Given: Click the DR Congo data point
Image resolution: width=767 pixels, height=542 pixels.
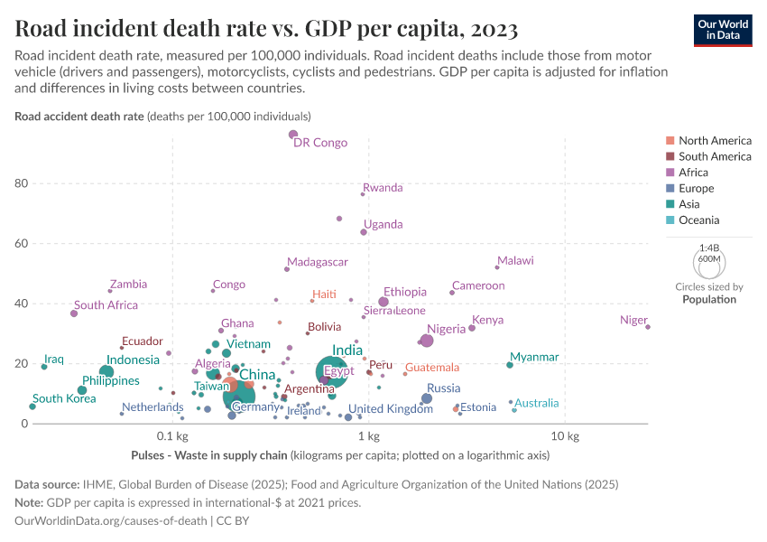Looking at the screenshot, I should [292, 135].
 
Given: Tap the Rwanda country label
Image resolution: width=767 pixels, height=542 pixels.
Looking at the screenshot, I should [383, 188].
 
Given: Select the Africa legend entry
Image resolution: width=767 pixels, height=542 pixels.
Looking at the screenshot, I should [693, 173].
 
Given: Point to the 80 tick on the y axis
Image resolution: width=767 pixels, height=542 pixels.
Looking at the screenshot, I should [21, 183].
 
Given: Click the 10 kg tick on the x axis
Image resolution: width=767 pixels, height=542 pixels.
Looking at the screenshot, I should [564, 437].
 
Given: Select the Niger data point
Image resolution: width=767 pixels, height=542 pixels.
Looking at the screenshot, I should [648, 327].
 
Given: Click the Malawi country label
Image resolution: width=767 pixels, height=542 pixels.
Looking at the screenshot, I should [515, 261].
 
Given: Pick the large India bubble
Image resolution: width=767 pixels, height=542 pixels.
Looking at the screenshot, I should [331, 371].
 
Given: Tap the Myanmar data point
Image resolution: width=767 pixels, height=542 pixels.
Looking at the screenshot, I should [510, 365].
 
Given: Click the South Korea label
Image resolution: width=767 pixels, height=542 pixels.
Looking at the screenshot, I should [65, 398].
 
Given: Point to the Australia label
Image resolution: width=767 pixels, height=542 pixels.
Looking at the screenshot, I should [537, 403].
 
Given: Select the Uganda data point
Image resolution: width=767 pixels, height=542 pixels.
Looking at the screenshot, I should [364, 232].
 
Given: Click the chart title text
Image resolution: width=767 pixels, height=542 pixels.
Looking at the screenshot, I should [267, 30].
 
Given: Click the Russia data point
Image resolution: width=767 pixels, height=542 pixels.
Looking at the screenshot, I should [427, 398].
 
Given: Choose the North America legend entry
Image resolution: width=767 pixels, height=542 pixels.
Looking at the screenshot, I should [715, 141].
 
